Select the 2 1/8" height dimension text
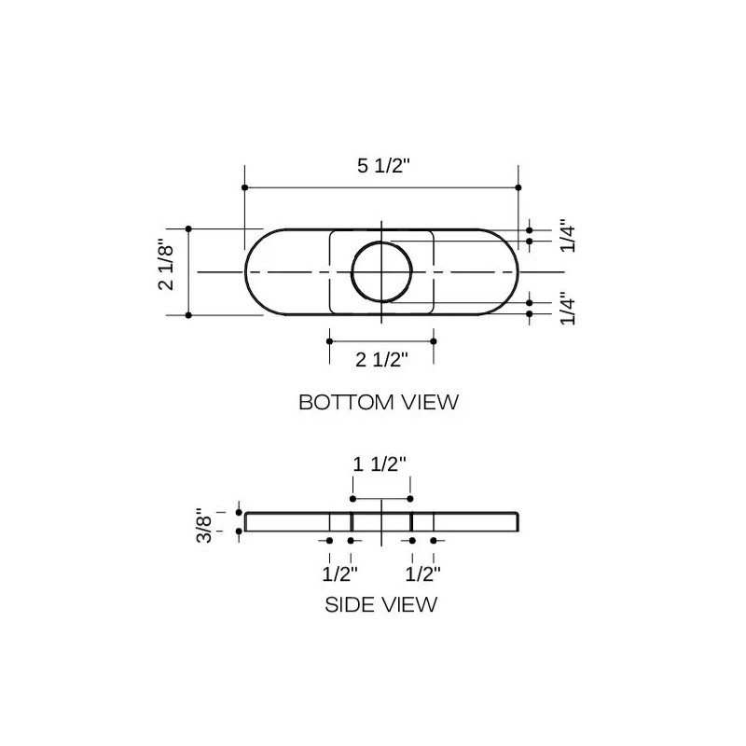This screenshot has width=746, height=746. click(167, 267)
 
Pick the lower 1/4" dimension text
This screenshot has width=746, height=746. click(568, 309)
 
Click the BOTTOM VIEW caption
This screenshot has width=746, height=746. click(379, 403)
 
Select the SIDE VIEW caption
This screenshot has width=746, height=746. click(380, 604)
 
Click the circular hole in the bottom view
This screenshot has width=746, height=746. click(382, 271)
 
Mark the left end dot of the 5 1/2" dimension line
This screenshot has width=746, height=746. click(245, 187)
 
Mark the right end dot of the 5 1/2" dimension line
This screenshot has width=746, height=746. click(518, 187)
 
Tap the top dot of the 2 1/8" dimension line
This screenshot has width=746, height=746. click(188, 228)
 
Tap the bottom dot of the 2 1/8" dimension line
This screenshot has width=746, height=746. click(188, 315)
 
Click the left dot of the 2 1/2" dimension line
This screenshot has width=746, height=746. click(328, 341)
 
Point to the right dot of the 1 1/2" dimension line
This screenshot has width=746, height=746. click(411, 499)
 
